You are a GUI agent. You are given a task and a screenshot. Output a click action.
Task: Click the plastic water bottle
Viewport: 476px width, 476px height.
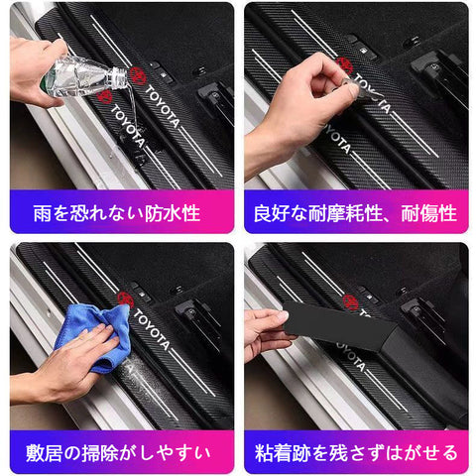tap(84, 77)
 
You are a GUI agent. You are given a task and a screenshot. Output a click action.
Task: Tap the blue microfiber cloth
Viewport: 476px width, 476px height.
tap(94, 335)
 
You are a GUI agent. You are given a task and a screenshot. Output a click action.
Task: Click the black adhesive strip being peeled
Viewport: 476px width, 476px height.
tap(340, 325)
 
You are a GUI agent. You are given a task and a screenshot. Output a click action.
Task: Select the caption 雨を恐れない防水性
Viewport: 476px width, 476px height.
tap(117, 213)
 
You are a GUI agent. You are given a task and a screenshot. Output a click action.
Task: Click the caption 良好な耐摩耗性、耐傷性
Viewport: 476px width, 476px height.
tap(355, 213)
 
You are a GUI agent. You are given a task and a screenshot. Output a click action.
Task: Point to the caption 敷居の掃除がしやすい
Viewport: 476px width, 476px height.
tap(118, 453)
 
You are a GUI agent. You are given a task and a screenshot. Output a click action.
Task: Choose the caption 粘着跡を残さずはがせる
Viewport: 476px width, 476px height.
tap(356, 453)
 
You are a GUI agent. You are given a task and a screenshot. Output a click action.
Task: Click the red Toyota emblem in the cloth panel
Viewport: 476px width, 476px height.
tap(125, 299)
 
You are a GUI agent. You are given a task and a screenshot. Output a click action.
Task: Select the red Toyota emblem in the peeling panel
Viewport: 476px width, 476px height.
tap(350, 300)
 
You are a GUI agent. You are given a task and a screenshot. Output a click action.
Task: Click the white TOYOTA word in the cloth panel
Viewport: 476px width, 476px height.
tap(151, 329)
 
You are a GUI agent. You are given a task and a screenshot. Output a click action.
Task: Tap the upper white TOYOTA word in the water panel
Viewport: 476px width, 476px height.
tap(162, 106)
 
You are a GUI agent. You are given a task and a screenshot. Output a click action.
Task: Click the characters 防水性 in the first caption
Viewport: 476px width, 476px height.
tap(173, 213)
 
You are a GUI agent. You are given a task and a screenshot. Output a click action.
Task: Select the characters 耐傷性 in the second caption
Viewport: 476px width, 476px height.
tap(429, 213)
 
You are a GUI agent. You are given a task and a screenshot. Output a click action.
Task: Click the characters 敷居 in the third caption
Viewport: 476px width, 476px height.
tap(44, 453)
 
